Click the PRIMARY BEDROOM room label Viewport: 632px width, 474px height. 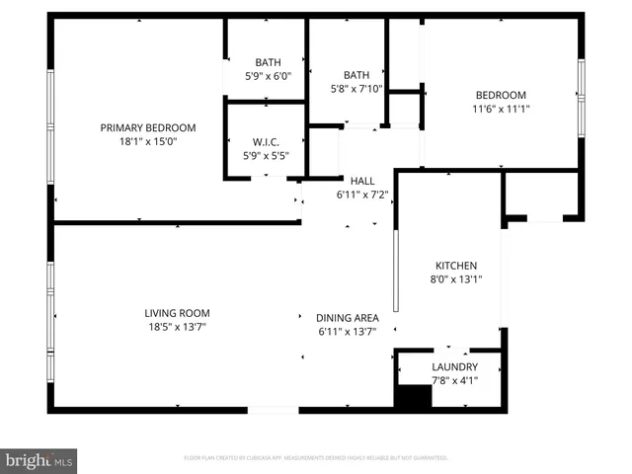coord(148,127)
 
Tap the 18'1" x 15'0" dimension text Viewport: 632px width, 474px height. coord(148,141)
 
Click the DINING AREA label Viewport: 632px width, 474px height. coord(347,318)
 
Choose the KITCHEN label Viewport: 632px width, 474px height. coord(456,266)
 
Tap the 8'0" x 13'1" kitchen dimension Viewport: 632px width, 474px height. coord(456,279)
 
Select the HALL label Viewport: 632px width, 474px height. coord(362,181)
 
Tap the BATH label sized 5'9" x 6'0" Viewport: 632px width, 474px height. coord(268,62)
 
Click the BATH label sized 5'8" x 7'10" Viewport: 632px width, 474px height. coord(355,75)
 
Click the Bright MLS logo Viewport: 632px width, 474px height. coord(39,459)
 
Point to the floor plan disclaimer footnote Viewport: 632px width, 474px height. coord(316,458)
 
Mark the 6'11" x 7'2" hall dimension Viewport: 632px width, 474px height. coord(362,195)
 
